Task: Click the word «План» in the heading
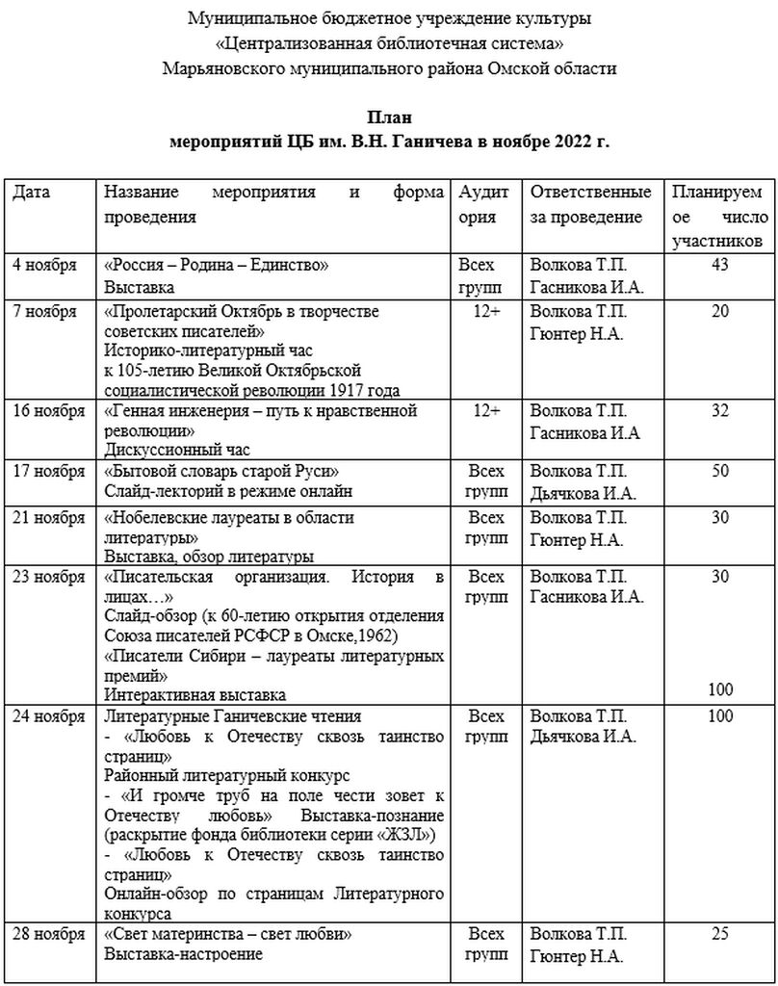point(389,118)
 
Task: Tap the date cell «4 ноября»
point(44,265)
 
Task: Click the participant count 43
point(719,265)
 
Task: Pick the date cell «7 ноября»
point(44,311)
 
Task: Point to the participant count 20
point(719,311)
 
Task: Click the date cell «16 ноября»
point(48,411)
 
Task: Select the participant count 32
point(719,411)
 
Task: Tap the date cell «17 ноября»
point(48,471)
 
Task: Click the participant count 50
point(719,471)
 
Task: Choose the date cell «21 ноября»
point(48,517)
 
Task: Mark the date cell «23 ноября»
point(48,577)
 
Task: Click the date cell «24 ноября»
point(48,715)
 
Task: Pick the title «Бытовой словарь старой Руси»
point(223,471)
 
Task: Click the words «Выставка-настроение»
point(183,954)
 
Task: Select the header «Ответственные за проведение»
point(590,204)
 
